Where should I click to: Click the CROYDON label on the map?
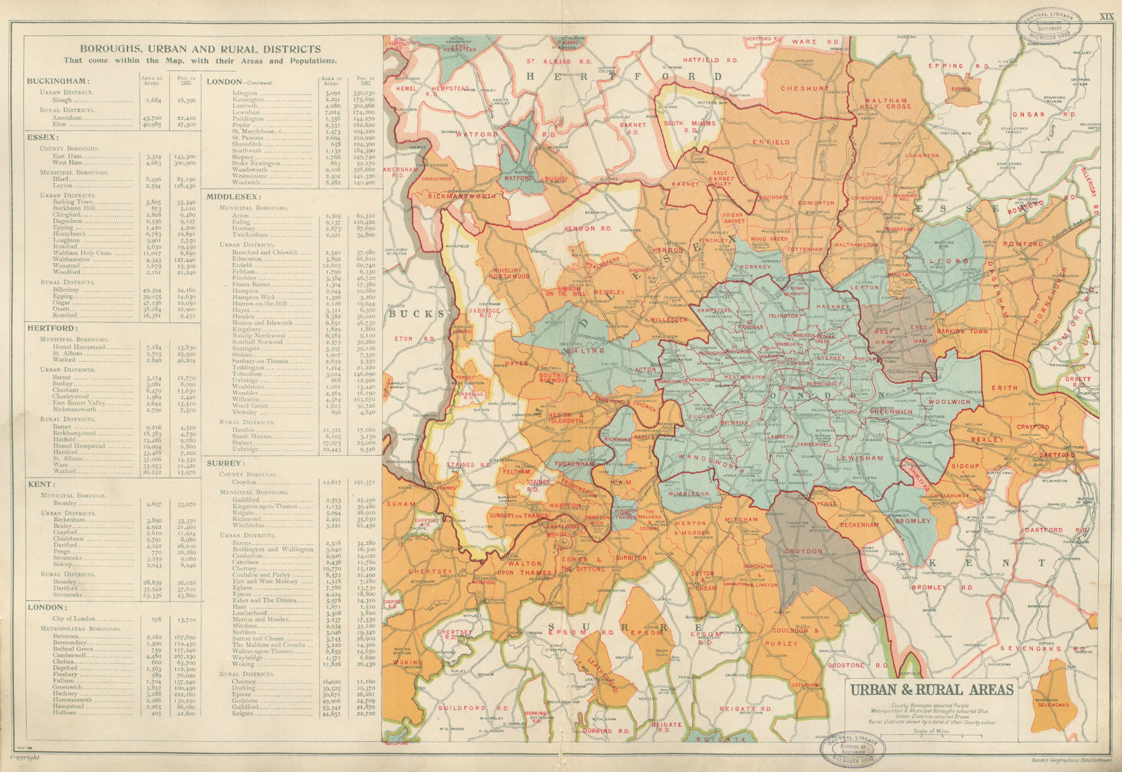(x=804, y=551)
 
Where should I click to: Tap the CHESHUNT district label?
(x=804, y=88)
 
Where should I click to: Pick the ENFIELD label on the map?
(x=771, y=142)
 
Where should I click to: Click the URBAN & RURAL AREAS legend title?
(x=931, y=689)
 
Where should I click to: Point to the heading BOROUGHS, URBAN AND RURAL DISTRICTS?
(x=200, y=49)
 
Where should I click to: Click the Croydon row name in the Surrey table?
(x=241, y=482)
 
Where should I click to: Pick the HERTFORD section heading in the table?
(x=53, y=327)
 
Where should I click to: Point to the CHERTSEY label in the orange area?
(x=433, y=571)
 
